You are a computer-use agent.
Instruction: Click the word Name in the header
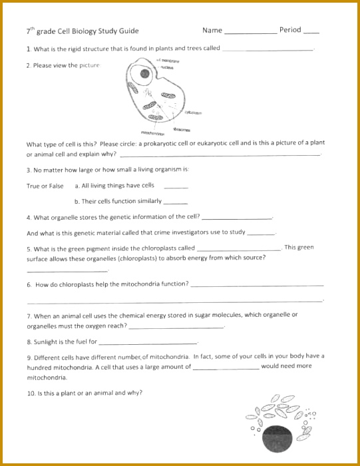tap(212, 30)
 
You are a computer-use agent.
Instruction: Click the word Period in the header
tap(290, 30)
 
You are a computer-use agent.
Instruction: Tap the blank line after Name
tap(250, 33)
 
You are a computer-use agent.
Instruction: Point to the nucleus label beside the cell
tap(167, 67)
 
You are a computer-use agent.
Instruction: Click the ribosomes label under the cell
tap(182, 129)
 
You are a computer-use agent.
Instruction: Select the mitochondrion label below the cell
tap(153, 133)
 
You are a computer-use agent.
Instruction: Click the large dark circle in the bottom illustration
tap(277, 437)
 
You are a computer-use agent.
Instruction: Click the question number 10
tap(31, 393)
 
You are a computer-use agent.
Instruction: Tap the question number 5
tap(29, 248)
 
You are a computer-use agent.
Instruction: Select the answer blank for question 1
tap(268, 50)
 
